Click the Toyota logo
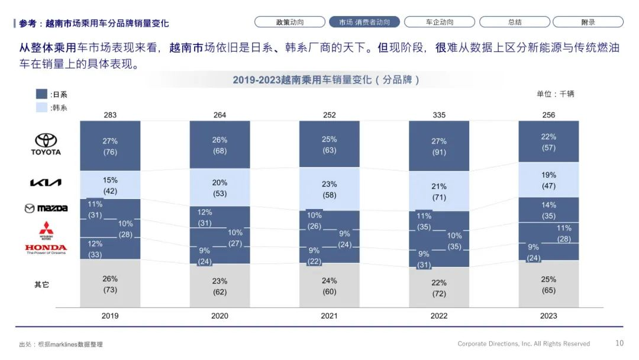(x=46, y=143)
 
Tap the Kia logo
(x=46, y=183)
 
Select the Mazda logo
(x=46, y=208)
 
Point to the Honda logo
(x=46, y=249)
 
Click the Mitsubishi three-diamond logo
(x=46, y=229)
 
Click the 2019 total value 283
(x=110, y=115)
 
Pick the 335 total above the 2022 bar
(x=439, y=115)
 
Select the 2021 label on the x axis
(x=329, y=316)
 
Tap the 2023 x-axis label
(x=548, y=316)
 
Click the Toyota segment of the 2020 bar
(x=220, y=145)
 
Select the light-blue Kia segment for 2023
(x=548, y=180)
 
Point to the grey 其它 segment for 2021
(x=329, y=285)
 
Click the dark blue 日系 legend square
(x=41, y=94)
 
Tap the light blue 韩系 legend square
(x=41, y=107)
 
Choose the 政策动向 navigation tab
(x=290, y=22)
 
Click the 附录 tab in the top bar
(x=588, y=22)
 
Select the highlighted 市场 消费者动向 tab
(x=364, y=22)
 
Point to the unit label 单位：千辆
(x=555, y=94)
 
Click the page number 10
(x=619, y=343)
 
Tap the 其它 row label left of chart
(x=41, y=284)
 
